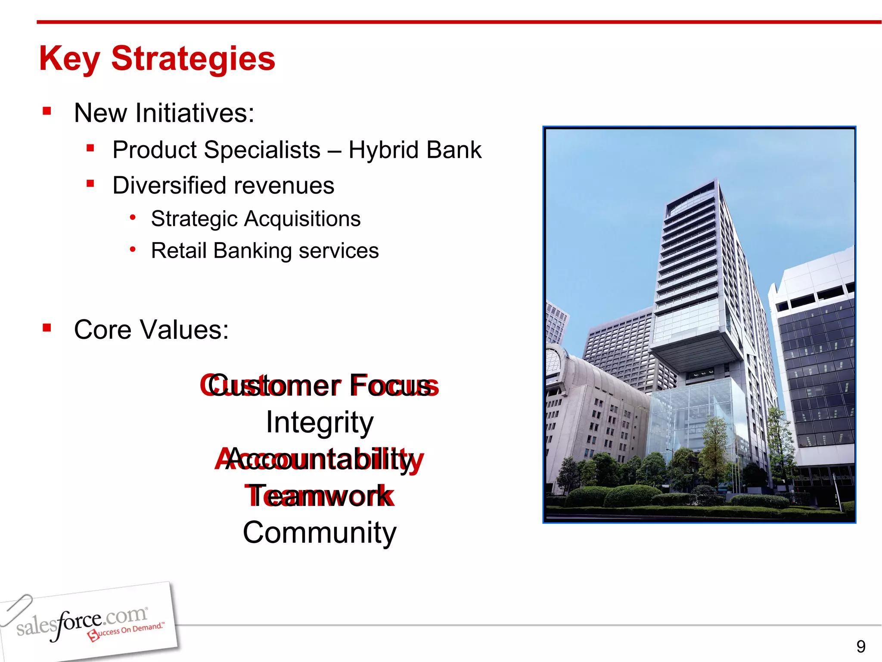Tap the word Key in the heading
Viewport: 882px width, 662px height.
click(69, 59)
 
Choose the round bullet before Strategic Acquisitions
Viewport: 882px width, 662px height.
click(133, 217)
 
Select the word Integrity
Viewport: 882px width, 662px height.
click(319, 422)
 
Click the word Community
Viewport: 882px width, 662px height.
click(319, 533)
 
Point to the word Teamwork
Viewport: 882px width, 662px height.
click(319, 496)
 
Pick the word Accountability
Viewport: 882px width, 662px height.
click(319, 459)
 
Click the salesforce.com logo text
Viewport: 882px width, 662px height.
click(82, 622)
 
